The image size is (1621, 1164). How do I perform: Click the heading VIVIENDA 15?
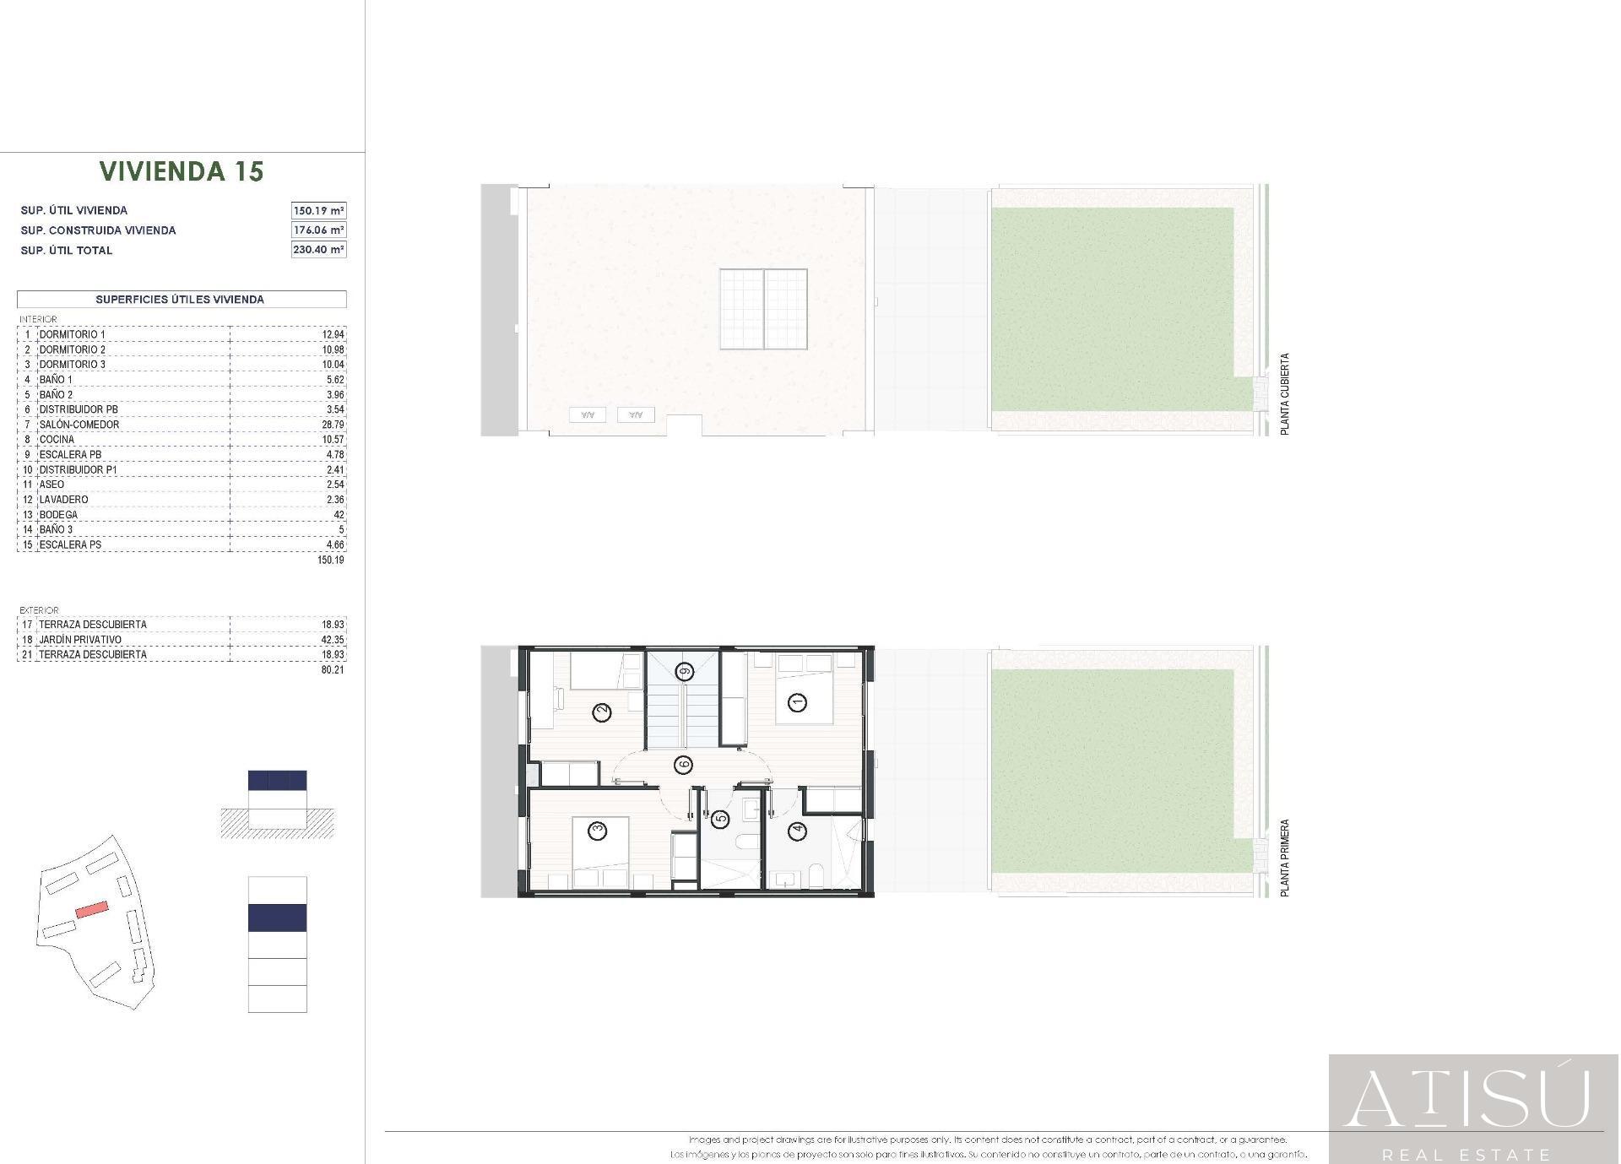(x=182, y=171)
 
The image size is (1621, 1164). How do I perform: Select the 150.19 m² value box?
(x=318, y=210)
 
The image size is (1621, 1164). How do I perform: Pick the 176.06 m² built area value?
(x=318, y=230)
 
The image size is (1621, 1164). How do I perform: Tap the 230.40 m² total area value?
(x=318, y=250)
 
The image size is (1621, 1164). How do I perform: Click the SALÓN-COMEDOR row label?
(x=79, y=425)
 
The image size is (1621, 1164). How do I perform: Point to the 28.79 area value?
(x=333, y=425)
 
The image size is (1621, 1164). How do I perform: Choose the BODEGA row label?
(x=58, y=515)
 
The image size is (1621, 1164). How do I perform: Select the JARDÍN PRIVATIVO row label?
(x=80, y=640)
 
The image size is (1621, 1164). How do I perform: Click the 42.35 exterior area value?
(x=333, y=640)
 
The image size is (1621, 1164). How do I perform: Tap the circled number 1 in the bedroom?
(x=796, y=701)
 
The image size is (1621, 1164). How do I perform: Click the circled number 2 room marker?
(x=602, y=713)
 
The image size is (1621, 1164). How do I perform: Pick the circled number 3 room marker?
(x=598, y=831)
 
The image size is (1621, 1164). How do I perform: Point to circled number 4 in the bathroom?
(x=797, y=832)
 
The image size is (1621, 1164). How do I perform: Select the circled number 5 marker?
(x=720, y=818)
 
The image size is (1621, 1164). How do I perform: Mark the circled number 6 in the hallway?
(x=683, y=765)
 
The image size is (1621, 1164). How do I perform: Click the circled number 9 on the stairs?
(x=684, y=672)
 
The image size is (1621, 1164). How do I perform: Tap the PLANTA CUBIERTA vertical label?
(x=1285, y=394)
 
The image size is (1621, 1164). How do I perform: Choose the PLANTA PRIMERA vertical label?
(x=1285, y=858)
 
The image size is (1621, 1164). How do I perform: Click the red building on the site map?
(x=92, y=909)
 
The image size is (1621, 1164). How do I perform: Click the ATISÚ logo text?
(x=1467, y=1098)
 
